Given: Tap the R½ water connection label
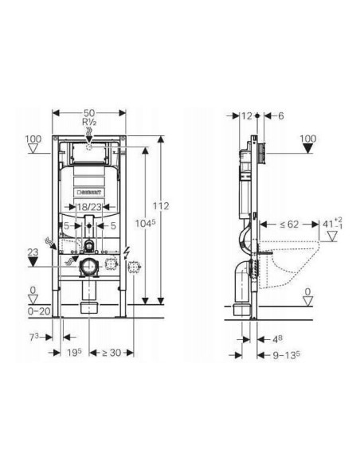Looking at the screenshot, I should pos(88,124).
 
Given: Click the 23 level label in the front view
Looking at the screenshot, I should pos(32,251).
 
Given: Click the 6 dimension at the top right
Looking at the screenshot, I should pos(280,115).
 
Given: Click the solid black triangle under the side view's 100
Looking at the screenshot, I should pos(307,148).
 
